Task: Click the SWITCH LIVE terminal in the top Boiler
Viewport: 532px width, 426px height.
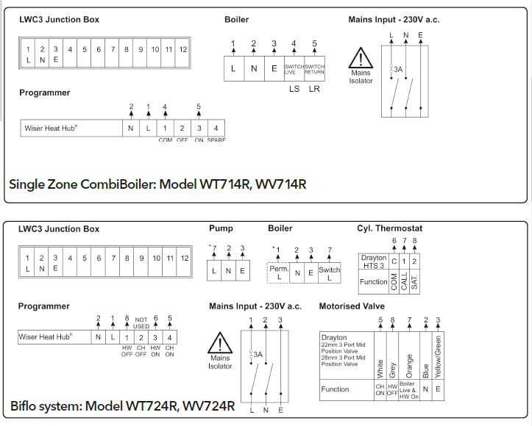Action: (294, 68)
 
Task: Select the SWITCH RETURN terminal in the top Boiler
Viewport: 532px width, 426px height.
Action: (315, 68)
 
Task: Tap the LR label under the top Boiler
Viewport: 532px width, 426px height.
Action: (315, 90)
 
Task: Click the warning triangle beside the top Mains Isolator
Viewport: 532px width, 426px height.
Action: (361, 59)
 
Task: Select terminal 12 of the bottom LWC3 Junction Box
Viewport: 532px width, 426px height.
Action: (184, 263)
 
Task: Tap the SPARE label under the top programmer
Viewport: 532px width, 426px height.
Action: (216, 140)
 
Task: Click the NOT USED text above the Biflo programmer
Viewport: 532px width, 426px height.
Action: (141, 322)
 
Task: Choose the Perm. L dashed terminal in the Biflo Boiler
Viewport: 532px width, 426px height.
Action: (279, 272)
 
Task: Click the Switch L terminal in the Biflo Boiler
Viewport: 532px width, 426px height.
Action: (329, 272)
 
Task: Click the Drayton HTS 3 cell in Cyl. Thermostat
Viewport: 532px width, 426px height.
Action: (374, 262)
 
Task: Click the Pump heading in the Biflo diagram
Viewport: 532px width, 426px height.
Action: (221, 228)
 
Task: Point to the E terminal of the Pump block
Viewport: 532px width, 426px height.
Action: (242, 272)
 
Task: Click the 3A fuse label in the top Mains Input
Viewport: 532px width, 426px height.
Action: (398, 70)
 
